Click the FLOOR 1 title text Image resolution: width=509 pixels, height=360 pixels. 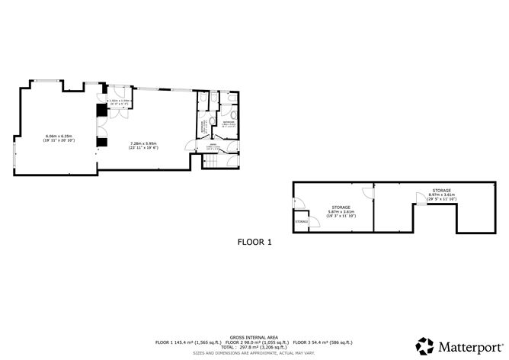(254, 242)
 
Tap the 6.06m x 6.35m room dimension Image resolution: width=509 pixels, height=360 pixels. (58, 137)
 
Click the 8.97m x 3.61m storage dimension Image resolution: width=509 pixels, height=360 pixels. (441, 194)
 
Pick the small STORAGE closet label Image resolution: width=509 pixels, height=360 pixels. (302, 221)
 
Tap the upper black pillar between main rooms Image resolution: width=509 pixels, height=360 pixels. (101, 111)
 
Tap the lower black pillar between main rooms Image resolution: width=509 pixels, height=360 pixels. (101, 140)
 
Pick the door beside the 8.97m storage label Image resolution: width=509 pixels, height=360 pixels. (420, 198)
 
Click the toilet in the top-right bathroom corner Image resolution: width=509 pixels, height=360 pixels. (234, 116)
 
